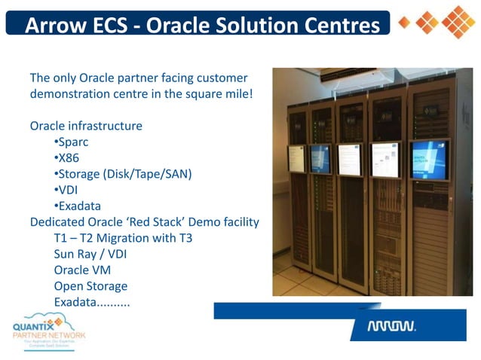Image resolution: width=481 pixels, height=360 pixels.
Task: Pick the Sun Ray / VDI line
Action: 90,254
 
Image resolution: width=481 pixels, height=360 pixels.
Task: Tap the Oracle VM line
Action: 85,270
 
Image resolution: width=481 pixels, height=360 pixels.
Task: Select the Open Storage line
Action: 90,286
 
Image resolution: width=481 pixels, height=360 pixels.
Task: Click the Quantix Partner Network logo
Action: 50,329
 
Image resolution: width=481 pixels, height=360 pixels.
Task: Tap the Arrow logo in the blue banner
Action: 391,327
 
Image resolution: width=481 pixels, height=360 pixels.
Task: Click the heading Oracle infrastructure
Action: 86,126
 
